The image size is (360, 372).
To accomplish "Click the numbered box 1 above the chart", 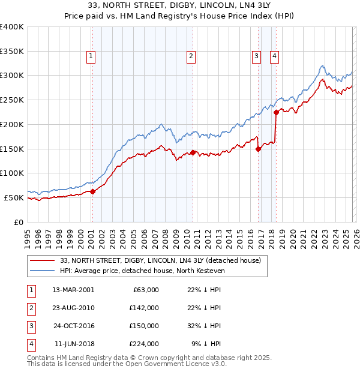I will (91, 57).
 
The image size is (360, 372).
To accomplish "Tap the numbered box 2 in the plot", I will (191, 57).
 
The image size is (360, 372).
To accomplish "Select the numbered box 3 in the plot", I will (256, 57).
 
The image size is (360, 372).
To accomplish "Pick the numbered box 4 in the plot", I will (274, 57).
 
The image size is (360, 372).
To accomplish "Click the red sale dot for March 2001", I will (92, 191).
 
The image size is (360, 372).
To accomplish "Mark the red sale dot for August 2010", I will (193, 152).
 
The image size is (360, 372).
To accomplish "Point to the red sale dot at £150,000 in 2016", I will (258, 149).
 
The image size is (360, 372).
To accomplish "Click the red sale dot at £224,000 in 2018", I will (276, 112).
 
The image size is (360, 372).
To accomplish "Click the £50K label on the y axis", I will (14, 197).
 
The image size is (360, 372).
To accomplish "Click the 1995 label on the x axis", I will (28, 234).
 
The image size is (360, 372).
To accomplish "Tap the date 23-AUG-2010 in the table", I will (73, 308).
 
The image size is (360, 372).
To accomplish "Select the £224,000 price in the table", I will (144, 344).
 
